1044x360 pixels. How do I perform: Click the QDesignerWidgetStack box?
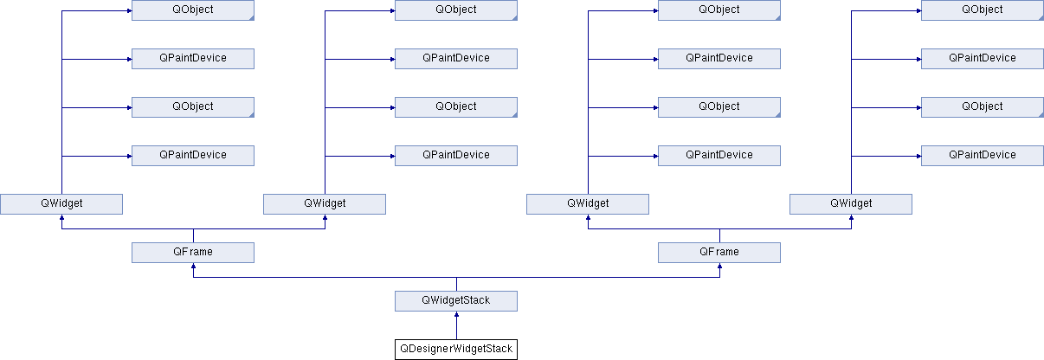pyautogui.click(x=456, y=350)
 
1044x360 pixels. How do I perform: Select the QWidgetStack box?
pyautogui.click(x=456, y=301)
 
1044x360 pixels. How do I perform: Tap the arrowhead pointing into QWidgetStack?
pyautogui.click(x=456, y=314)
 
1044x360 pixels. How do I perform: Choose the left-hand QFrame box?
pyautogui.click(x=193, y=253)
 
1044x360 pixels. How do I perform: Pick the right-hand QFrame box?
pyautogui.click(x=719, y=253)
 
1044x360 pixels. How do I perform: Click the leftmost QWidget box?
pyautogui.click(x=61, y=204)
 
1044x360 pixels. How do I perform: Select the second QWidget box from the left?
pyautogui.click(x=325, y=204)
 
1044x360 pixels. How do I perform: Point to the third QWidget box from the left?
pyautogui.click(x=588, y=204)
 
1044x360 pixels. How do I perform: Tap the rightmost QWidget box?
pyautogui.click(x=851, y=204)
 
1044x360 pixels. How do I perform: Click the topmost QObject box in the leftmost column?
pyautogui.click(x=193, y=10)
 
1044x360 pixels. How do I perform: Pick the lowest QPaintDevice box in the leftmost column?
pyautogui.click(x=193, y=156)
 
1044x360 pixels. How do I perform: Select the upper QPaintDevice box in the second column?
pyautogui.click(x=456, y=59)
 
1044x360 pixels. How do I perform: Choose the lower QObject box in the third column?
pyautogui.click(x=719, y=107)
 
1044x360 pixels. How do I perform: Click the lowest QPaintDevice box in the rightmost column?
pyautogui.click(x=983, y=156)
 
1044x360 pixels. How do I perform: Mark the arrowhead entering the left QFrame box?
pyautogui.click(x=193, y=266)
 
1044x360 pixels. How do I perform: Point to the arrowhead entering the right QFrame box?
pyautogui.click(x=719, y=266)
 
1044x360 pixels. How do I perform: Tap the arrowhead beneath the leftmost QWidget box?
pyautogui.click(x=62, y=217)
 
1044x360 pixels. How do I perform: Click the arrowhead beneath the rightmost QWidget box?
pyautogui.click(x=852, y=217)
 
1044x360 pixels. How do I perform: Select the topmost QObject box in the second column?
pyautogui.click(x=456, y=10)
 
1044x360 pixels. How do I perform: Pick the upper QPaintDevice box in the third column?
pyautogui.click(x=719, y=59)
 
